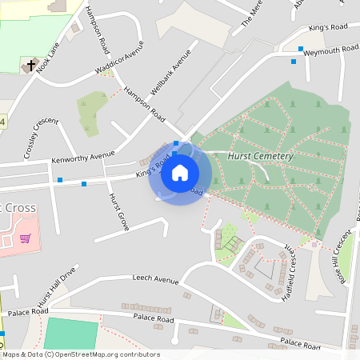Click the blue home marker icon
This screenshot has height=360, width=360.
tap(180, 173)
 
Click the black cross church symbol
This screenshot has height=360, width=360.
tap(31, 65)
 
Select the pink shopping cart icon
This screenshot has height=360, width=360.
tap(26, 238)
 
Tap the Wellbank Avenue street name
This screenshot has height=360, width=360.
tap(172, 74)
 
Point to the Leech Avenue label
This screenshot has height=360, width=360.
tap(155, 280)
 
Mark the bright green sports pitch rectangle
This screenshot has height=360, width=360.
tap(71, 333)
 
